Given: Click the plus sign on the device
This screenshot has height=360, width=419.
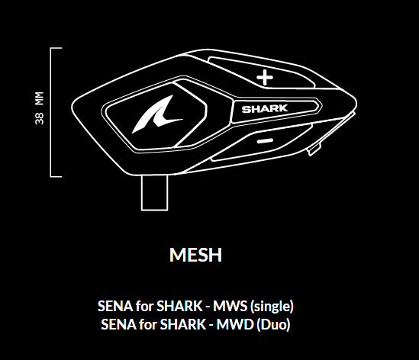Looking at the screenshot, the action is [265, 78].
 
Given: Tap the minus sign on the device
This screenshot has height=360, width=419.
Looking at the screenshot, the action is [265, 141].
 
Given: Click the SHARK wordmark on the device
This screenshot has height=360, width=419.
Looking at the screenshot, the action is [265, 109].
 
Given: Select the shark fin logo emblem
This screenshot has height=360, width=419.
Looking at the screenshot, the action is [158, 114].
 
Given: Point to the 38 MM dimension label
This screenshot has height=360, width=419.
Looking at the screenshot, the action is [39, 108].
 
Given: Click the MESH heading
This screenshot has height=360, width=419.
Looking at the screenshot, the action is [195, 255].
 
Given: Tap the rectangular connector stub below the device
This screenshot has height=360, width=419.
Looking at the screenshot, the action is [154, 192].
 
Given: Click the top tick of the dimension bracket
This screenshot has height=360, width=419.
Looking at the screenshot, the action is [56, 48].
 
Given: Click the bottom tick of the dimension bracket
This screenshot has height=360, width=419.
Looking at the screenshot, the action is [56, 176].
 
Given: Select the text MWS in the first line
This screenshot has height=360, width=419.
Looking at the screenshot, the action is [230, 306].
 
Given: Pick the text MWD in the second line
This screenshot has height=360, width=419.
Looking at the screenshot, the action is [235, 325].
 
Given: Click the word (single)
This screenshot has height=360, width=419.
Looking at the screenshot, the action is [272, 307].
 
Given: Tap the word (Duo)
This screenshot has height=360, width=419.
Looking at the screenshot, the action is [273, 325].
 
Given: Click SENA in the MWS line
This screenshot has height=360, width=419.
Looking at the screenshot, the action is [115, 306].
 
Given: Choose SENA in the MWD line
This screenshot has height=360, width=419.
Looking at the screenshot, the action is [118, 325].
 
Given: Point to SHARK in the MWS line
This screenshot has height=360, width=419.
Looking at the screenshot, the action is [179, 306].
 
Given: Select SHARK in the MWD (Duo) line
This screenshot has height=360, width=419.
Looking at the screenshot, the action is [182, 325].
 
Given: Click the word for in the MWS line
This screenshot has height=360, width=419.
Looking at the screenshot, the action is [144, 306].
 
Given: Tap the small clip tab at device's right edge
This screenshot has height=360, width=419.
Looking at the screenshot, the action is [314, 150].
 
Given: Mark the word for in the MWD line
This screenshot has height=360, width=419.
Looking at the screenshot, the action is [148, 324].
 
